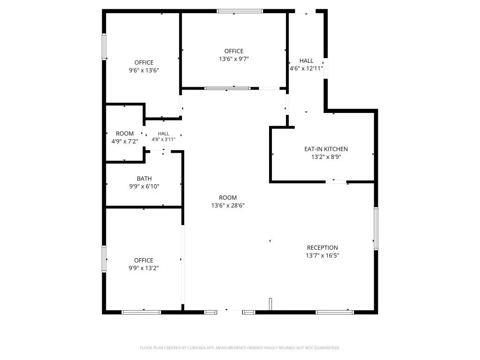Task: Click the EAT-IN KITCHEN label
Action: (x=326, y=149)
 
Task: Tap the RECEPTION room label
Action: (x=322, y=247)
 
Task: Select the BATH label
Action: (x=144, y=179)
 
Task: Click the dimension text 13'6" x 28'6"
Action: (x=228, y=205)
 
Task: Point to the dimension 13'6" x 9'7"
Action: (x=234, y=59)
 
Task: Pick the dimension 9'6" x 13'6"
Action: (x=144, y=70)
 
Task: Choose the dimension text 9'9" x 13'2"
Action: (x=143, y=268)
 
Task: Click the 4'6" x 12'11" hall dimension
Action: (x=307, y=68)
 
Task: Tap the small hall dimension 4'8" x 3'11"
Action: (x=164, y=140)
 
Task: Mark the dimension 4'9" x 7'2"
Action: (x=125, y=142)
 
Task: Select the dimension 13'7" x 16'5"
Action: (x=322, y=255)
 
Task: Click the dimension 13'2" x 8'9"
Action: (x=326, y=157)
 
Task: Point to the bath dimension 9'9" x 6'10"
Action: (x=144, y=186)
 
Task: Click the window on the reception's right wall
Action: (x=376, y=229)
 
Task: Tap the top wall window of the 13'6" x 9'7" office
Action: (x=240, y=11)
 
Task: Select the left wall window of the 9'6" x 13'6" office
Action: (x=104, y=46)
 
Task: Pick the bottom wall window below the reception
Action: (x=335, y=312)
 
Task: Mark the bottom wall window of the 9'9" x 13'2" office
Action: (x=141, y=312)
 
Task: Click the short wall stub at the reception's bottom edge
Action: (x=270, y=304)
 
